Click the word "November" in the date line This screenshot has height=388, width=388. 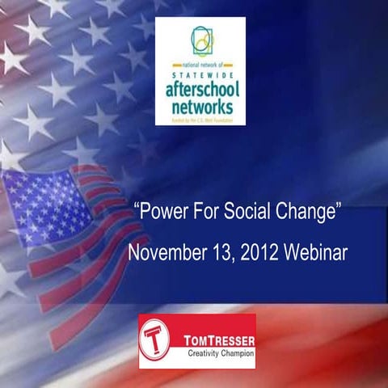(x=166, y=253)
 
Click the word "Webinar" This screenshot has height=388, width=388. (x=316, y=253)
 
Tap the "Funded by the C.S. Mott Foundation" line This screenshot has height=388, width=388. (x=200, y=120)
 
